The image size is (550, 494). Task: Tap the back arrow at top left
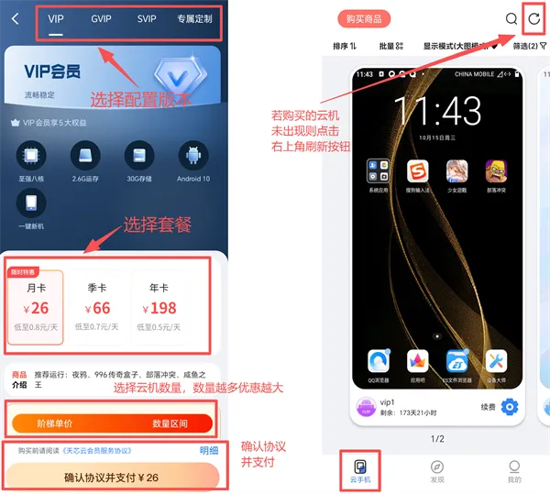16,18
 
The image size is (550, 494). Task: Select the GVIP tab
102,18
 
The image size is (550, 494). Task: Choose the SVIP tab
147,18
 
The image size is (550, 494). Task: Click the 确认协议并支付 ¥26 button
111,478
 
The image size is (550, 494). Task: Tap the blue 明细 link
209,450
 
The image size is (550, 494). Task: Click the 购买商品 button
364,18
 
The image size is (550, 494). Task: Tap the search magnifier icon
511,18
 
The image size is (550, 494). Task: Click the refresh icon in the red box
534,18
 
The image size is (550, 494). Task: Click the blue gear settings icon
510,407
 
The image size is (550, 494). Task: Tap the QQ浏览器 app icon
379,363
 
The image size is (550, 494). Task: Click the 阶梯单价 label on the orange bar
55,423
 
